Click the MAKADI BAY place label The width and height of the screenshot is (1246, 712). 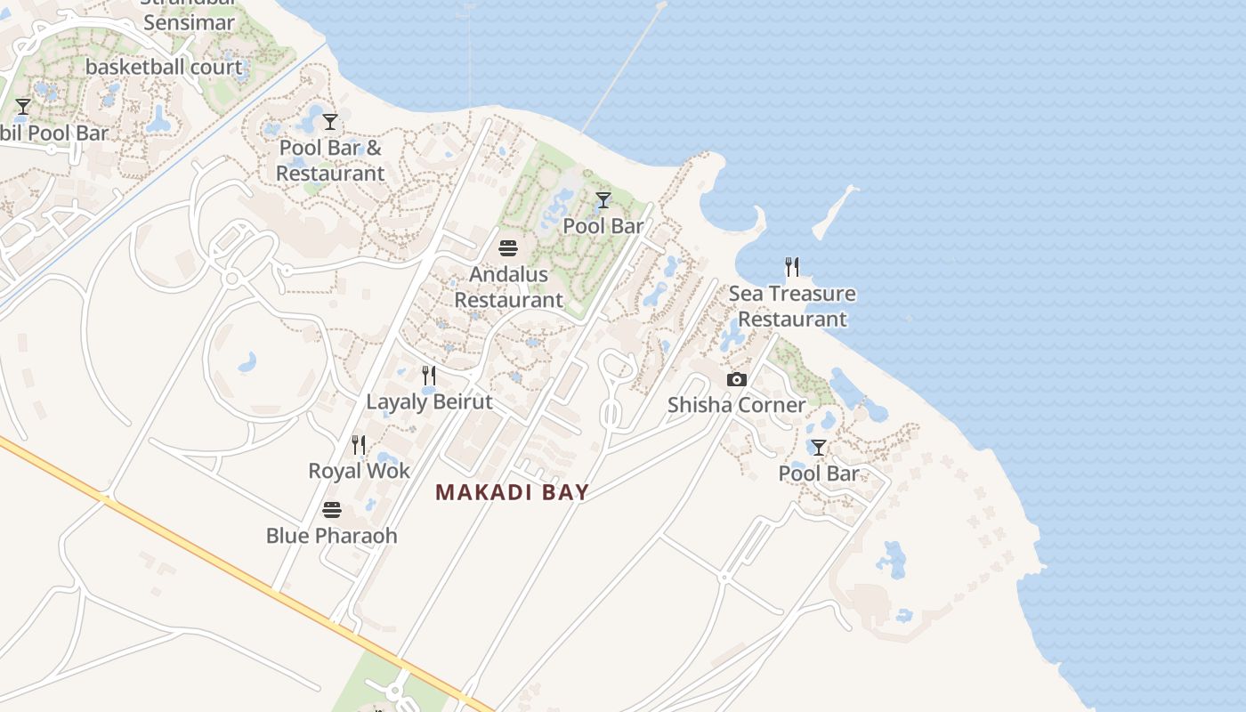(512, 492)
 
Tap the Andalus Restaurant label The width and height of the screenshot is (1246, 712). (508, 287)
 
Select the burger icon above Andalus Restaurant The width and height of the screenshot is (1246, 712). (508, 247)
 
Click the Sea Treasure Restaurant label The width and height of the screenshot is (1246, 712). (792, 306)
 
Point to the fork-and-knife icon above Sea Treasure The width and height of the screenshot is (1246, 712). (791, 266)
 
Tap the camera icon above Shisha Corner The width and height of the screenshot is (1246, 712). (736, 380)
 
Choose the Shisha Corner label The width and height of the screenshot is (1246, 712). (736, 405)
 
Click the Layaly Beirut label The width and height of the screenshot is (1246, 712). (429, 401)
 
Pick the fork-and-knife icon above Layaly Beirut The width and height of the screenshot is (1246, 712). (428, 375)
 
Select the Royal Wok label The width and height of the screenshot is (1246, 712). (359, 471)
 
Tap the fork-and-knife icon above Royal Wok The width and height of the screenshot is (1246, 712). (358, 444)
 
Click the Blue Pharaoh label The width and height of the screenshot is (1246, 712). (331, 536)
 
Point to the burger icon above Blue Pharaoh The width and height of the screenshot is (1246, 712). (331, 510)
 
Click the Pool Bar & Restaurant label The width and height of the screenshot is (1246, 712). (330, 160)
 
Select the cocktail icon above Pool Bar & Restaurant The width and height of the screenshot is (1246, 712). (330, 122)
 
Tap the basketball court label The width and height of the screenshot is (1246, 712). (164, 67)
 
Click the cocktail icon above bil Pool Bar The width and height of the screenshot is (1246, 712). (23, 107)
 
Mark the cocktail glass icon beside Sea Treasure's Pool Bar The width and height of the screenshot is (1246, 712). (603, 200)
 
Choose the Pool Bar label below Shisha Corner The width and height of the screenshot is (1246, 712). (818, 473)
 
